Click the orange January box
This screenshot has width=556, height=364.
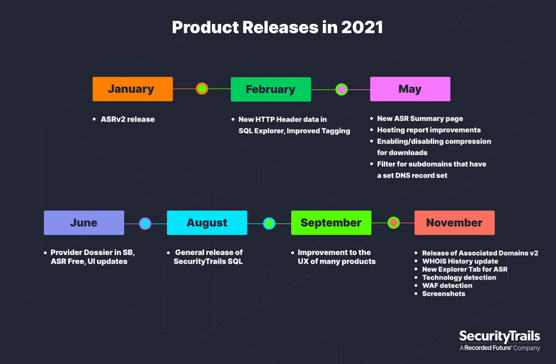click(132, 89)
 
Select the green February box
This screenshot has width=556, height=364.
click(271, 89)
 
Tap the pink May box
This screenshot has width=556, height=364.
click(410, 89)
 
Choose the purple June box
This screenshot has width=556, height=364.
click(84, 222)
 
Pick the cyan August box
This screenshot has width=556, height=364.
click(207, 222)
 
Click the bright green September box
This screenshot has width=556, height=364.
click(331, 222)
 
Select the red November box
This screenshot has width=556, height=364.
click(455, 222)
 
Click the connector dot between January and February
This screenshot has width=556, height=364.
click(202, 89)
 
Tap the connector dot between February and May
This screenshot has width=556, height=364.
click(341, 89)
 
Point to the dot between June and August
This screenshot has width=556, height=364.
click(145, 223)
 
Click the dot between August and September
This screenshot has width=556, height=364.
click(269, 223)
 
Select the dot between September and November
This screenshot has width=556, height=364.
click(393, 222)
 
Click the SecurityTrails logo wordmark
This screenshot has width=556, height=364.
click(499, 336)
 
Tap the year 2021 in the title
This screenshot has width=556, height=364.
click(362, 28)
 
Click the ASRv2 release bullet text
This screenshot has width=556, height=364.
click(127, 119)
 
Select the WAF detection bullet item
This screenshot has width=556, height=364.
click(447, 285)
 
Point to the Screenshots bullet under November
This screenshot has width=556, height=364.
click(443, 293)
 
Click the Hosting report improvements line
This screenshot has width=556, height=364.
click(429, 130)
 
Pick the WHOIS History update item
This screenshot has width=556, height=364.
click(460, 261)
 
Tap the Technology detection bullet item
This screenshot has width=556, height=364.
click(459, 277)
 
